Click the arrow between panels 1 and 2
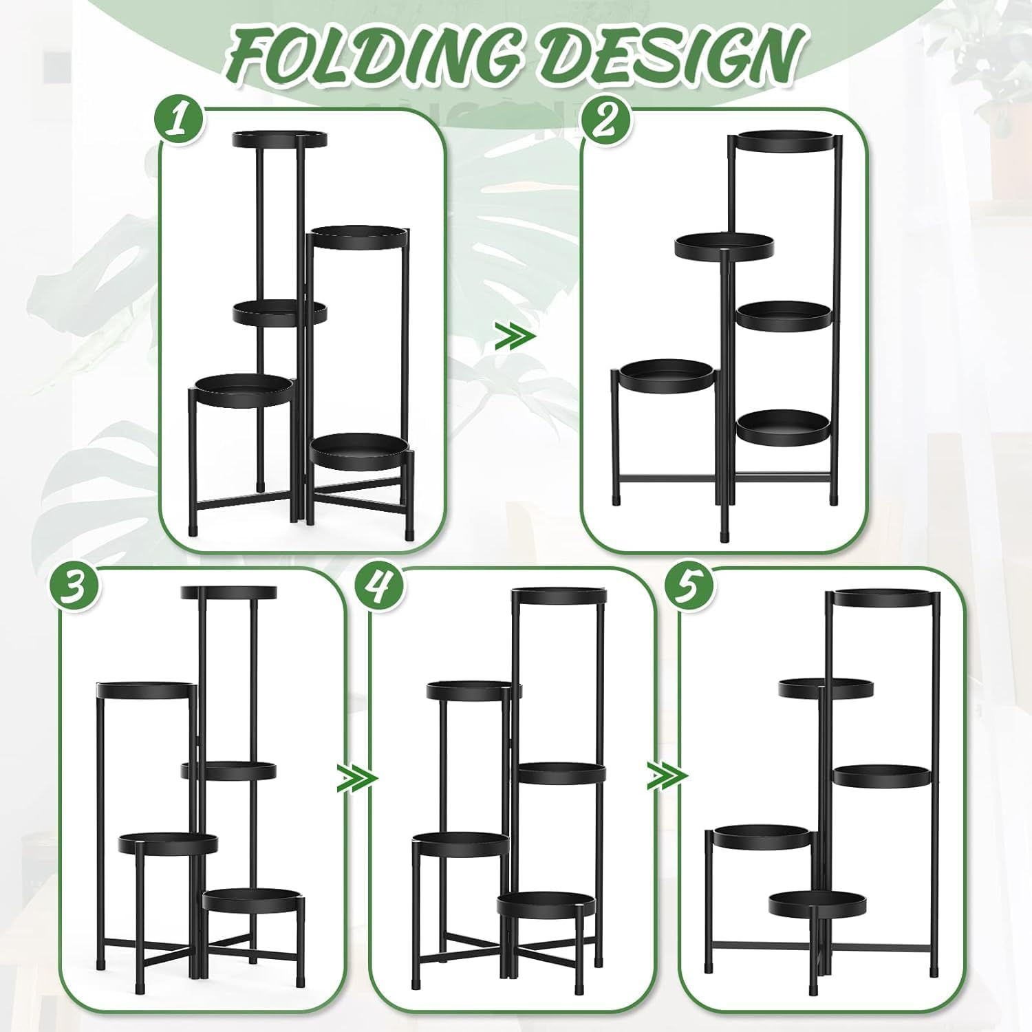coord(515,336)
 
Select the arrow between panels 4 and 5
coord(667,777)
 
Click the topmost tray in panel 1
coord(280,138)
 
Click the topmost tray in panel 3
coord(229,592)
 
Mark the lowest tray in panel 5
coord(817,903)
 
